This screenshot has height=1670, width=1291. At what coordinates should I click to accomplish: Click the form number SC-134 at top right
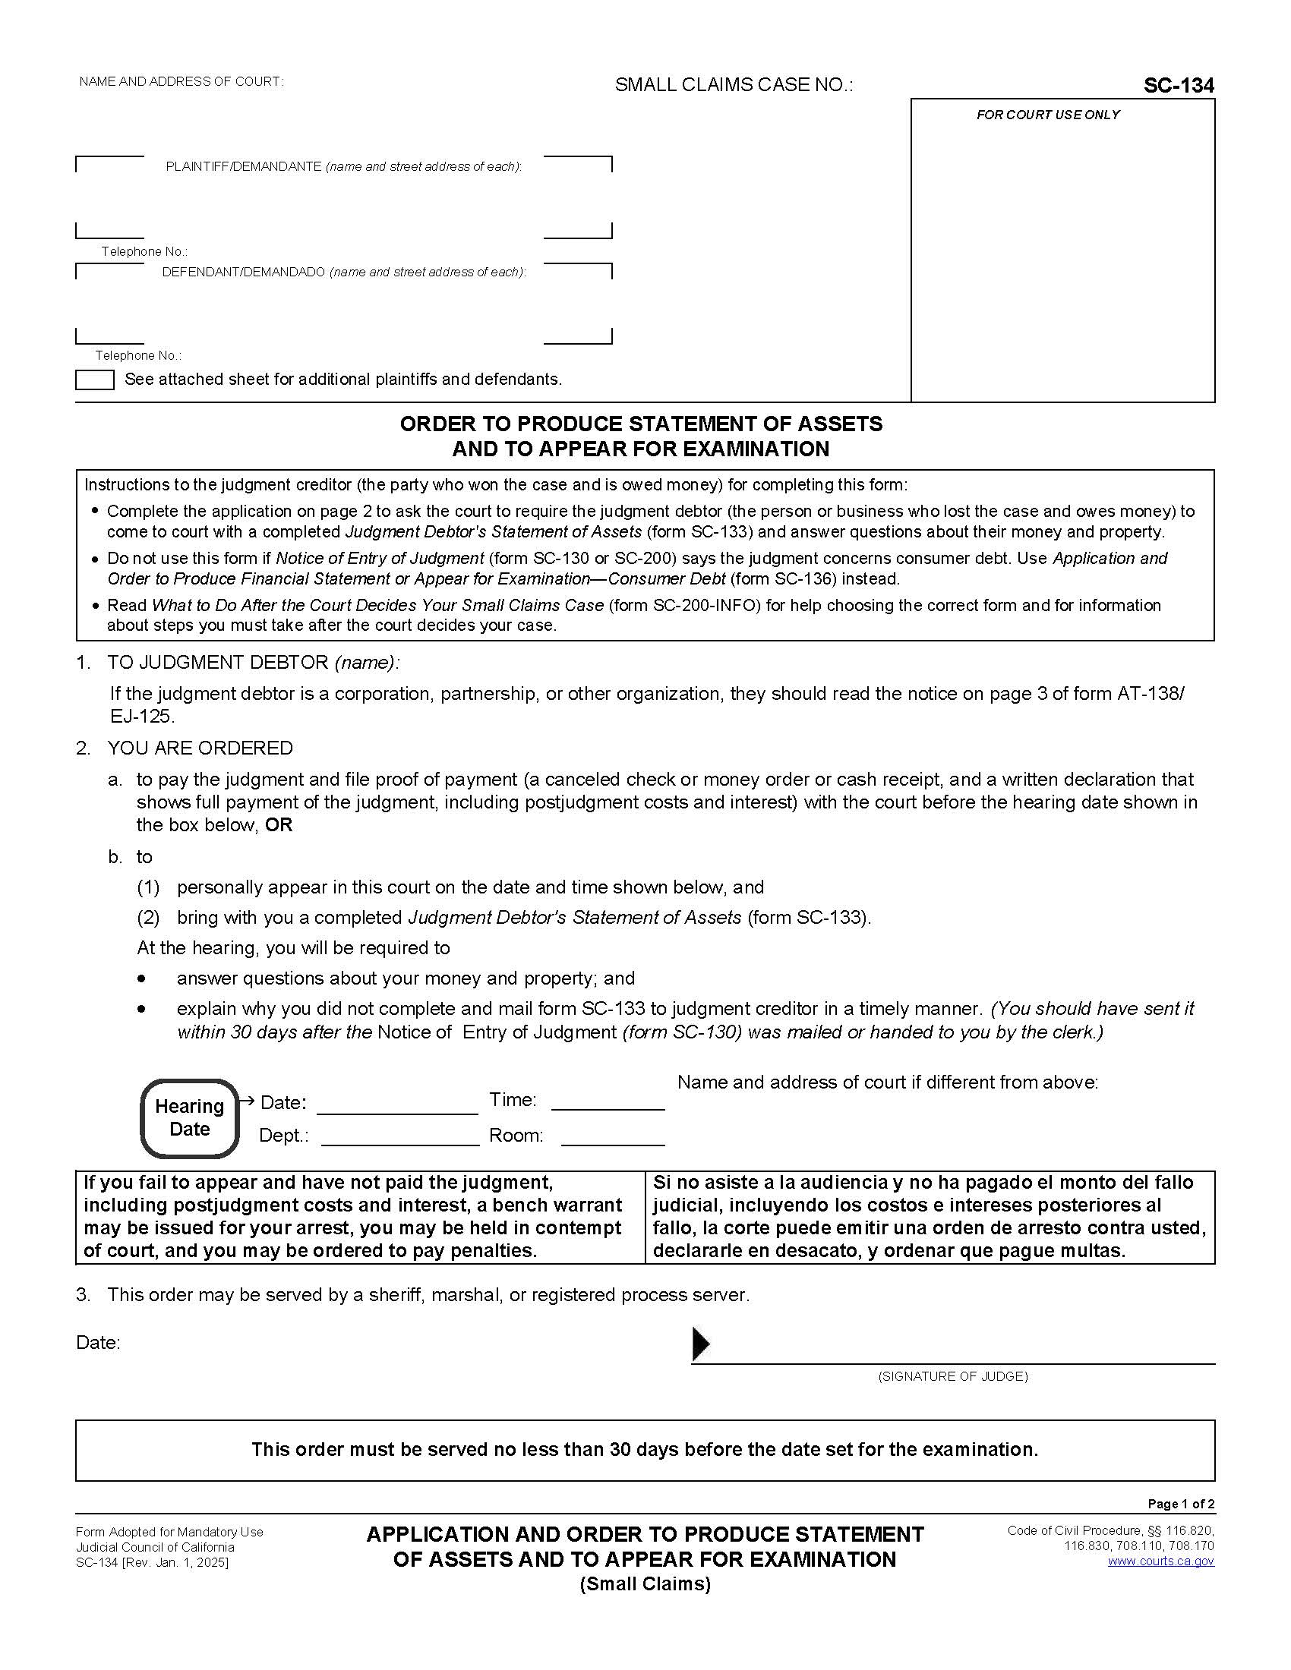point(1178,87)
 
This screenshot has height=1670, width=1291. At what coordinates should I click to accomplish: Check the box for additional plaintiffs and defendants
point(95,380)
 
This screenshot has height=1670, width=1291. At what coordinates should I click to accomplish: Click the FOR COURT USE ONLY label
point(1047,115)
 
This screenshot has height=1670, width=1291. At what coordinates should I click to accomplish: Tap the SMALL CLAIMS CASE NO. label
point(734,85)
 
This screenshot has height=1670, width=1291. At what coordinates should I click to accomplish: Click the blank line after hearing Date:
point(396,1105)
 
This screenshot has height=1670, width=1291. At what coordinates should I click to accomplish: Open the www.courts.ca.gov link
point(1160,1561)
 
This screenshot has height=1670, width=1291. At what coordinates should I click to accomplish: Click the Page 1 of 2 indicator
point(1180,1503)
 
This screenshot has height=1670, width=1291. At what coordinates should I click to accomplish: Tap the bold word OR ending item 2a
point(279,825)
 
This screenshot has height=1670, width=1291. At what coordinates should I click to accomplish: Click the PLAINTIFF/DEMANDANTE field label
point(343,167)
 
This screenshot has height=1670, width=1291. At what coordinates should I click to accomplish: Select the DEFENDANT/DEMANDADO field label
point(343,273)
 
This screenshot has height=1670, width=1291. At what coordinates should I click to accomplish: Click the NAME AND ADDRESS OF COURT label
point(181,82)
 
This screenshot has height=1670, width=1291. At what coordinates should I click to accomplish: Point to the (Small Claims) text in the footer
point(645,1584)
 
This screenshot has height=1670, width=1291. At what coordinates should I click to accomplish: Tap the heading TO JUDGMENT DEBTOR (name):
point(252,663)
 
